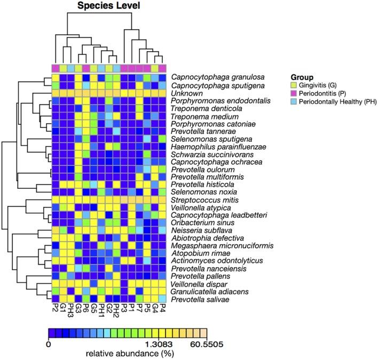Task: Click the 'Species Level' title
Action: click(x=109, y=6)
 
